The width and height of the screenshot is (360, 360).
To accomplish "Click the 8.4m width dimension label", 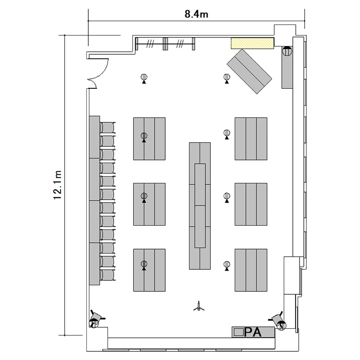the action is tap(196, 14).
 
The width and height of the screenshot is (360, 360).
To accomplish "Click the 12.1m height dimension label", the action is tap(58, 185).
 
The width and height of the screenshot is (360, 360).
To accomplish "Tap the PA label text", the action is tap(252, 332).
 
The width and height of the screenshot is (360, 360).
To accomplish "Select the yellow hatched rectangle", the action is tap(252, 43).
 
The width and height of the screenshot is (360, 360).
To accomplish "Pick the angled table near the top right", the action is tap(249, 71).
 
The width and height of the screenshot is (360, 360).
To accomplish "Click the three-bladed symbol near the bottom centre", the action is tap(199, 307).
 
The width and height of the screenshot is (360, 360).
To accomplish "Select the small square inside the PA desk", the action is tap(239, 332).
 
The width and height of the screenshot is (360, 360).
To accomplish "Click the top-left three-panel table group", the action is tap(149, 139).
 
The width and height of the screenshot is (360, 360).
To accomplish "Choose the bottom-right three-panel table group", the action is tap(251, 270).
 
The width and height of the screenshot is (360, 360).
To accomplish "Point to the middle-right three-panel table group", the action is tap(251, 204).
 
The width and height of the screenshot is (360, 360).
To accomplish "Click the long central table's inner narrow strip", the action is tap(200, 206).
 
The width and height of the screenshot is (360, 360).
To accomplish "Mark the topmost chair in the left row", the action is tap(108, 127).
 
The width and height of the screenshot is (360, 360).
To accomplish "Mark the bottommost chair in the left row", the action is tap(108, 275).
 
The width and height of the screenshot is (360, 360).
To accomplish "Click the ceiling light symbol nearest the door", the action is tap(144, 78).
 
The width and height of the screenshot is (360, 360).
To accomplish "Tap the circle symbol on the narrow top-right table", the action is tap(287, 51).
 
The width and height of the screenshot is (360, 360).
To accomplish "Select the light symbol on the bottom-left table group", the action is tap(144, 265).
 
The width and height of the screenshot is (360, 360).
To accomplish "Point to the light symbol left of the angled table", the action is tap(227, 78).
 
